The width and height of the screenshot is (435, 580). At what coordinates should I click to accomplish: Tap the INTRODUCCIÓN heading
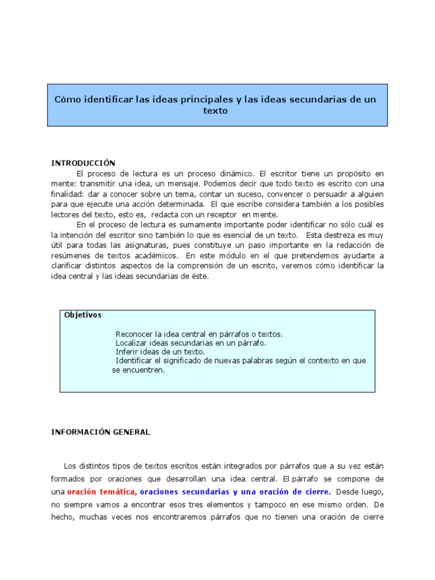coord(83,163)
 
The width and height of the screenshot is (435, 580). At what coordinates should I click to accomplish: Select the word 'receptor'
coord(223,215)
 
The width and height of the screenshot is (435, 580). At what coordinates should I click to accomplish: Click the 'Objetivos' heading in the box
coord(83,315)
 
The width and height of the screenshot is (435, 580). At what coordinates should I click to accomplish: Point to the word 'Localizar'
coord(132,343)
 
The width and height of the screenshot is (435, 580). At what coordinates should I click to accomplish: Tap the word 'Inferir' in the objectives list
coord(127,352)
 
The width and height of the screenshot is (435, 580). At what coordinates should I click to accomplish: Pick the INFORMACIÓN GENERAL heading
coord(100,432)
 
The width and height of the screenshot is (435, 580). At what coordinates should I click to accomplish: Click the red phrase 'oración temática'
coord(102,492)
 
